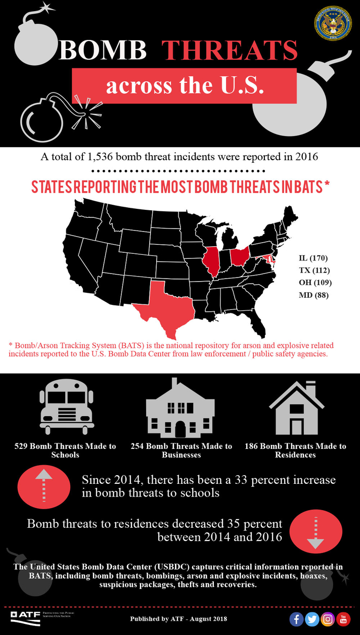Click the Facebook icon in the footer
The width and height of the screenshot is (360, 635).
(x=296, y=619)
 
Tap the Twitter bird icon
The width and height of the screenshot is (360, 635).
(x=312, y=619)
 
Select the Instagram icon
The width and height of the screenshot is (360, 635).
(x=328, y=619)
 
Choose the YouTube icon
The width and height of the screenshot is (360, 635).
(x=343, y=619)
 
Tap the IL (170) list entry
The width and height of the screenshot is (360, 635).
(x=313, y=258)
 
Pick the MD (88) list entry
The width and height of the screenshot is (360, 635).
(x=313, y=295)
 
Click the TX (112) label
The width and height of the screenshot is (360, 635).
(x=314, y=270)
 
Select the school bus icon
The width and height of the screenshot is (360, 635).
(x=67, y=407)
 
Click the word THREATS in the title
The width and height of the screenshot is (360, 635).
(x=230, y=51)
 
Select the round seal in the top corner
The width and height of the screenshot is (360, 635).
(x=333, y=23)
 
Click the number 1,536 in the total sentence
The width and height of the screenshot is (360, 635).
(x=101, y=157)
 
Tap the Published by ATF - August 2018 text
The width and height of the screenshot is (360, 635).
(x=178, y=619)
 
